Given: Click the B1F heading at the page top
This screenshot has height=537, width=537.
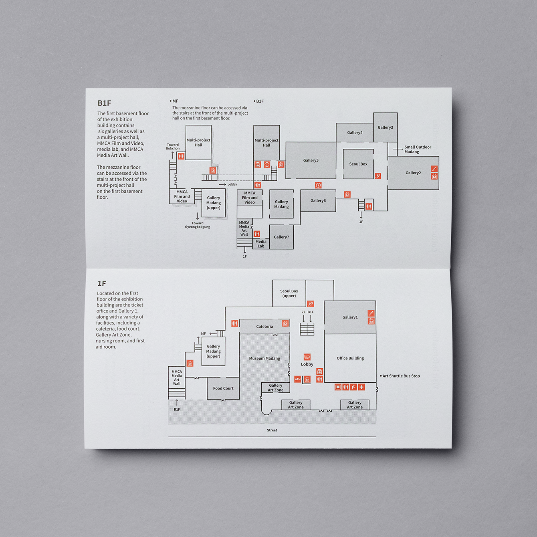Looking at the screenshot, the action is (104, 103).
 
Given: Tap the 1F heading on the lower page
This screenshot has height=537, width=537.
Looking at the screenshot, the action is (102, 283).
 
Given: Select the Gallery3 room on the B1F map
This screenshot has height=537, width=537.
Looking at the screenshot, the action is (386, 127).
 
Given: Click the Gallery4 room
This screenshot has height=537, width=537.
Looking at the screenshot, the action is (355, 133).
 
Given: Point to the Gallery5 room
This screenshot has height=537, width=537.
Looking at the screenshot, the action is (311, 160).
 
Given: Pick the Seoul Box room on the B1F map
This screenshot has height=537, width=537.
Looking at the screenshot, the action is (358, 164).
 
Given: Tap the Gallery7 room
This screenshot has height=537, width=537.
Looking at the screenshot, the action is (281, 237).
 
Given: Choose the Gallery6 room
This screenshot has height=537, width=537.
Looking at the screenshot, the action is (318, 201).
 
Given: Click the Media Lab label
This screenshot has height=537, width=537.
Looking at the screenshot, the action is (261, 244).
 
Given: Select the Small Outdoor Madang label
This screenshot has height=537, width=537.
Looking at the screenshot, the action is (418, 149).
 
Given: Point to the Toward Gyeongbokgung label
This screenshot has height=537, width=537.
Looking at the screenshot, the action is (198, 225).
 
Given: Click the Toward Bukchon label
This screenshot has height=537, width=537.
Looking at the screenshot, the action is (173, 147).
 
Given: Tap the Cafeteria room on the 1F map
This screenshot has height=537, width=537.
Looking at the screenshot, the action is (264, 326).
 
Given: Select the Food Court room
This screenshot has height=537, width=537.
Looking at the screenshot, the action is (223, 388).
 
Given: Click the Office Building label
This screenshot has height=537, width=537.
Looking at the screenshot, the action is (350, 358).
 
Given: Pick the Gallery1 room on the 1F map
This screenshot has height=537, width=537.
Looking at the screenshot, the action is (350, 317).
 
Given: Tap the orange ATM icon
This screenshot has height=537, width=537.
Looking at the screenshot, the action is (298, 379).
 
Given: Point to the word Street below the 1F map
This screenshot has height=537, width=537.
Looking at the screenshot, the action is (272, 430).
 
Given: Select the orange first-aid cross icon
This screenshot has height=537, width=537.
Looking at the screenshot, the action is (361, 387).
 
